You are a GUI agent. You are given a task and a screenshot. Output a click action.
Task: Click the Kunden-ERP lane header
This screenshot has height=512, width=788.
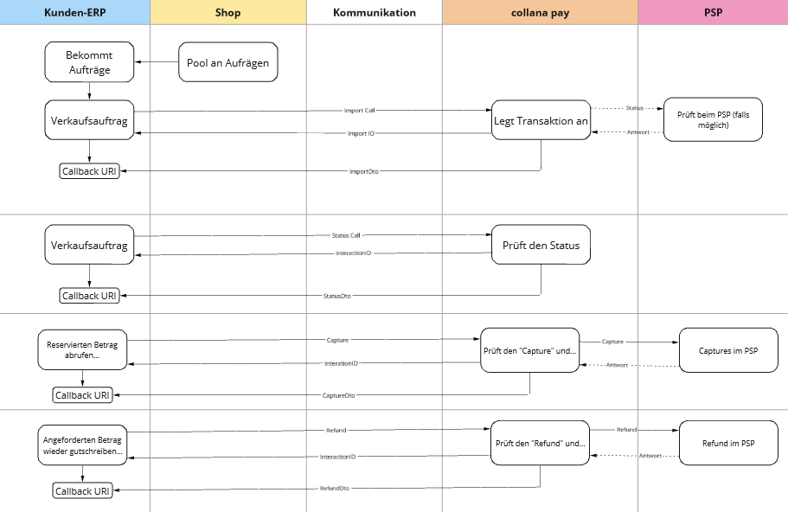pyautogui.click(x=75, y=12)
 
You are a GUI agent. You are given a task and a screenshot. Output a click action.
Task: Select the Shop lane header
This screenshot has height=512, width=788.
pyautogui.click(x=228, y=12)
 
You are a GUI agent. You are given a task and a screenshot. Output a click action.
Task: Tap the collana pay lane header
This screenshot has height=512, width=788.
pyautogui.click(x=541, y=12)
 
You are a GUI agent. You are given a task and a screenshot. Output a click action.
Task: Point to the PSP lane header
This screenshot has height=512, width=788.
pyautogui.click(x=713, y=12)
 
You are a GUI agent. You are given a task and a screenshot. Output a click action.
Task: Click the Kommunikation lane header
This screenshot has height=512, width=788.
pyautogui.click(x=375, y=12)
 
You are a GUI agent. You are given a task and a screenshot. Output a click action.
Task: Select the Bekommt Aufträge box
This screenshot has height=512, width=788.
pyautogui.click(x=89, y=62)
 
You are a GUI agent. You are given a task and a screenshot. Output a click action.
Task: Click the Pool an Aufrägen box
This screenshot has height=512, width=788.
pyautogui.click(x=228, y=62)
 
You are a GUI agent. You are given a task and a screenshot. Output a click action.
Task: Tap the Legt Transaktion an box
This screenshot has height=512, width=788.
pyautogui.click(x=541, y=120)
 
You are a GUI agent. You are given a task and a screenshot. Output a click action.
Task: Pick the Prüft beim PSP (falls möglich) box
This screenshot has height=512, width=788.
pyautogui.click(x=713, y=119)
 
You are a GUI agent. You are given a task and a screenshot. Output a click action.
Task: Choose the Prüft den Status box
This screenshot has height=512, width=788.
pyautogui.click(x=541, y=245)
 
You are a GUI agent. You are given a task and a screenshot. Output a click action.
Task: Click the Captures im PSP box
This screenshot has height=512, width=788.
pyautogui.click(x=728, y=350)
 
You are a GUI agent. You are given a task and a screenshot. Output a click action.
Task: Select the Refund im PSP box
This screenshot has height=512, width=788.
pyautogui.click(x=728, y=443)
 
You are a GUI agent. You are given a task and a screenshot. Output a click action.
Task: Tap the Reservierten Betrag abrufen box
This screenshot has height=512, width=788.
pyautogui.click(x=82, y=349)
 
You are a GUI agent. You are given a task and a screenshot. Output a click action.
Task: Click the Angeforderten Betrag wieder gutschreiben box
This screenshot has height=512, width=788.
pyautogui.click(x=82, y=445)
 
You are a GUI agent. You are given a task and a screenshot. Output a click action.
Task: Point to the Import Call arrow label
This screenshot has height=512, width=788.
pyautogui.click(x=359, y=111)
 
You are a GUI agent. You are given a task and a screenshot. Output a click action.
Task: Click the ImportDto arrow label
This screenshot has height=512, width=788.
pyautogui.click(x=364, y=172)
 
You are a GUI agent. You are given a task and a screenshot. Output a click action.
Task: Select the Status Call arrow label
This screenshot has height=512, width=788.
pyautogui.click(x=346, y=235)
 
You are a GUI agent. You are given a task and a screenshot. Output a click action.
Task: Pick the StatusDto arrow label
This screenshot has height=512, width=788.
pyautogui.click(x=336, y=296)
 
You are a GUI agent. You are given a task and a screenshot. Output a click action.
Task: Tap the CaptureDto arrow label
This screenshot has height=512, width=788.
pyautogui.click(x=338, y=395)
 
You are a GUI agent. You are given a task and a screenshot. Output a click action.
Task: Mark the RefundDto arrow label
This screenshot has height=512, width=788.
pyautogui.click(x=335, y=489)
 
